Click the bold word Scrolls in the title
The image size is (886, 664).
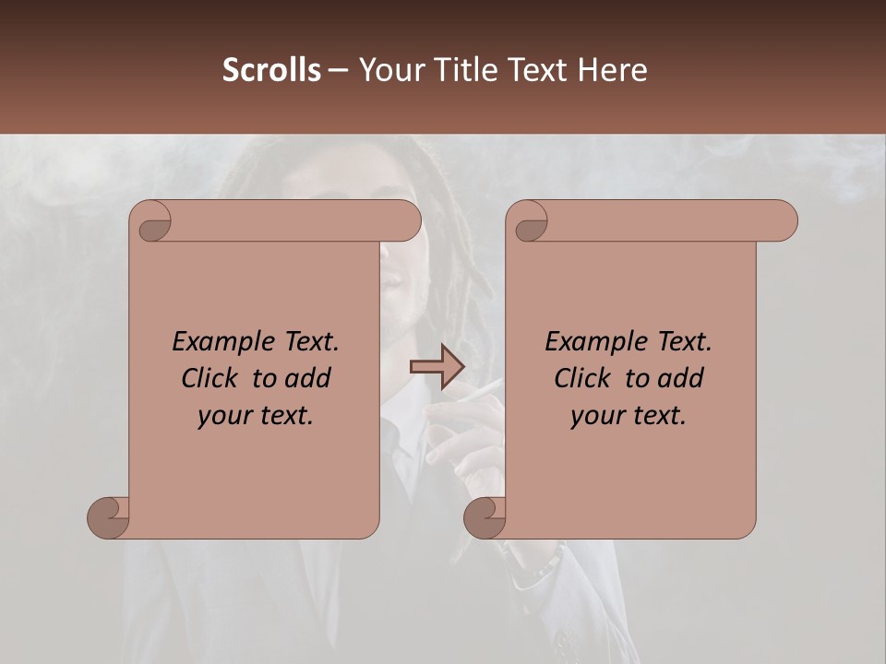click(x=271, y=69)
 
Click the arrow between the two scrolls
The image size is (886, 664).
click(x=437, y=367)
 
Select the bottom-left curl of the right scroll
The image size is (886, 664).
click(x=485, y=516)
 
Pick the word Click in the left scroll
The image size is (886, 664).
click(x=203, y=378)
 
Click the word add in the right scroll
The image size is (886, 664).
click(x=680, y=378)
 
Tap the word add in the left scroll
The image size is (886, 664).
click(x=307, y=378)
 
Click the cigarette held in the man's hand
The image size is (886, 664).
click(x=485, y=388)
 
